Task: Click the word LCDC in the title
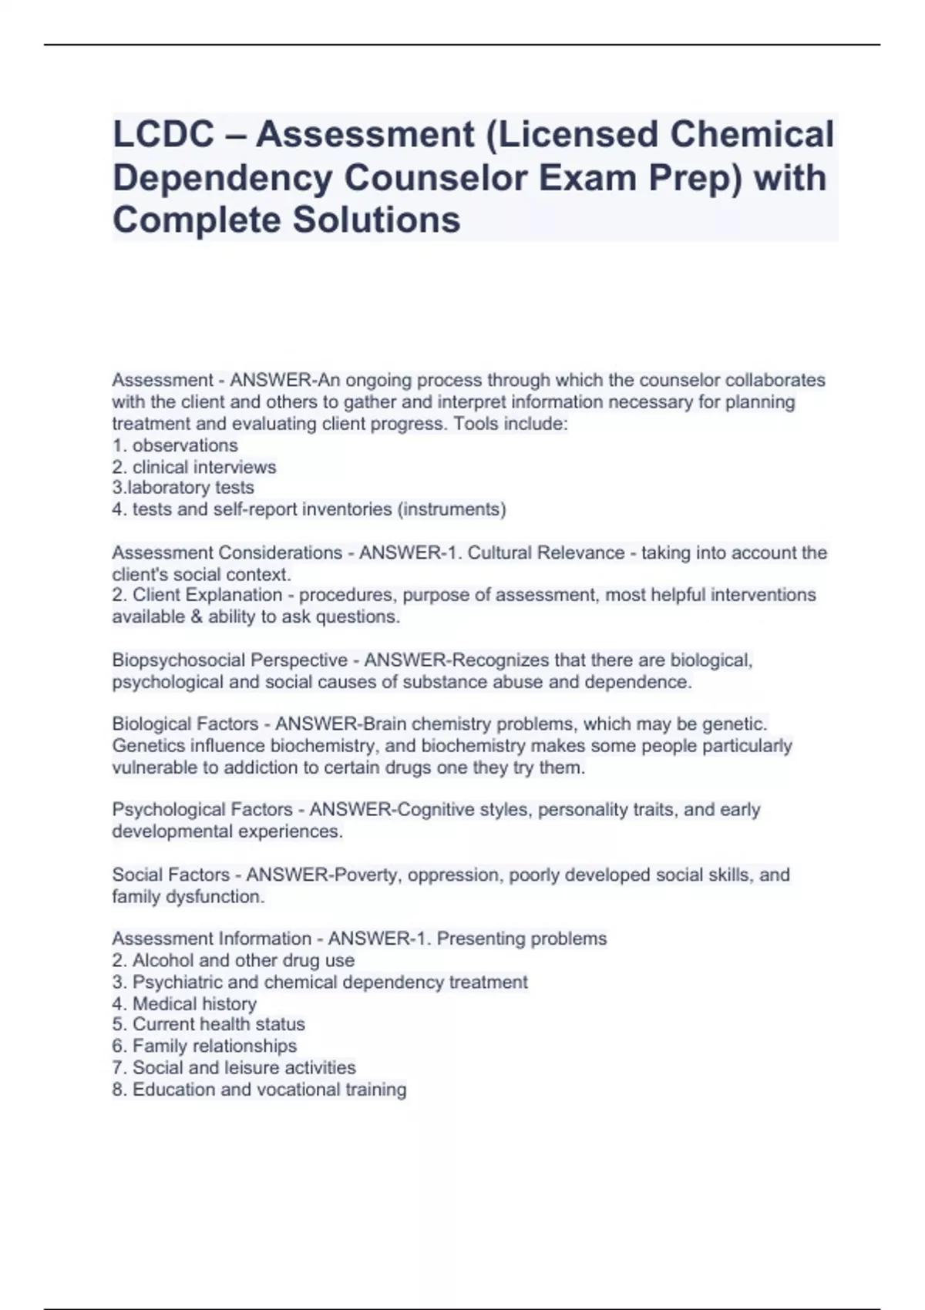tap(163, 134)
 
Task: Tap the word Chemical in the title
tap(752, 134)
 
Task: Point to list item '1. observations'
tap(175, 445)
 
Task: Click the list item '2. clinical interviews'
tap(194, 467)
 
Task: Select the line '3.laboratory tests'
tap(183, 488)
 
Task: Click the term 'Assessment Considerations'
tap(227, 553)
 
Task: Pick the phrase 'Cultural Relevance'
tap(547, 553)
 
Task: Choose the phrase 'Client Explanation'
tap(207, 595)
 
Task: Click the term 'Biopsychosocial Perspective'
tap(230, 660)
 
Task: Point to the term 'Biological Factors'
tap(185, 724)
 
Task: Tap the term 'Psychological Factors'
tap(202, 810)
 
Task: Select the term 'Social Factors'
tap(171, 875)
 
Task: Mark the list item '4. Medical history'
tap(184, 1003)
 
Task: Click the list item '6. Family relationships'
tap(204, 1046)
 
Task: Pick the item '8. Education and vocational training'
tap(259, 1090)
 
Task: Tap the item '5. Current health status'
tap(208, 1024)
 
